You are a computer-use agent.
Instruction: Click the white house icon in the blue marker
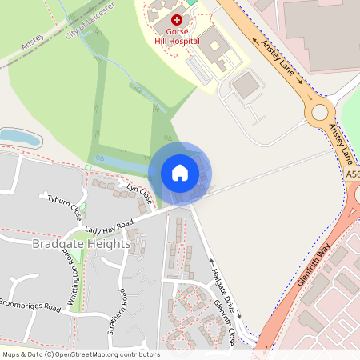pos(179,172)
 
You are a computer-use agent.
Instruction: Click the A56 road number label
pos(353,174)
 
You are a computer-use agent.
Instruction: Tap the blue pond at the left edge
pos(19,137)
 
